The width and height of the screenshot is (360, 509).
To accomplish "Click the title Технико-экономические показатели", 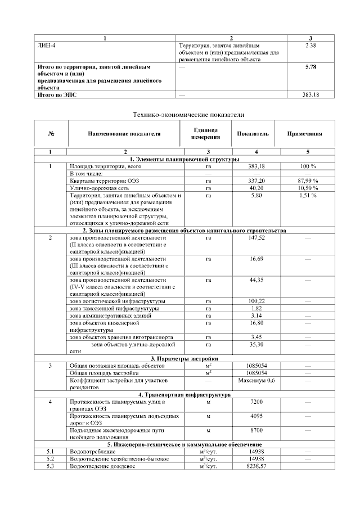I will (188, 114).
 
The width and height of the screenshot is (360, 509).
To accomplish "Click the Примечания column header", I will (304, 134).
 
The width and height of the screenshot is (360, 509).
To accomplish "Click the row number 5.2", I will (51, 459).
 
